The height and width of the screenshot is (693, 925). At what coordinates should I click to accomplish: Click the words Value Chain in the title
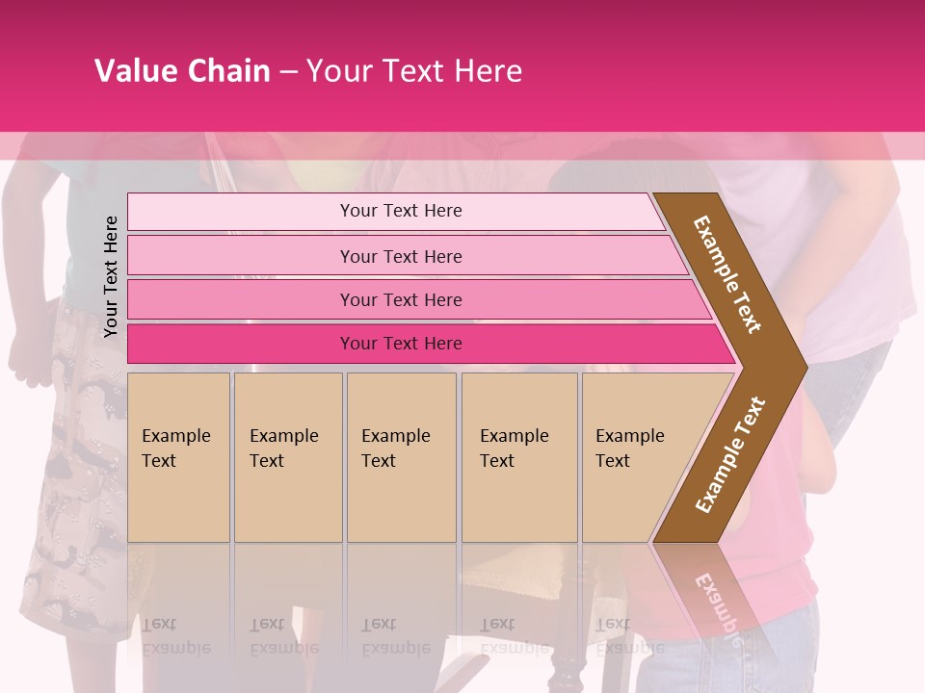click(182, 71)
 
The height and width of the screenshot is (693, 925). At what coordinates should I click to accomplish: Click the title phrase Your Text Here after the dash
click(414, 71)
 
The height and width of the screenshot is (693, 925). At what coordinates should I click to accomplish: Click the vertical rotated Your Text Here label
click(111, 276)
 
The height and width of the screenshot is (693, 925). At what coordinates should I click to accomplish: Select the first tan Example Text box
click(178, 457)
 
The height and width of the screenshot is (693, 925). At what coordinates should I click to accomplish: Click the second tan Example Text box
click(288, 457)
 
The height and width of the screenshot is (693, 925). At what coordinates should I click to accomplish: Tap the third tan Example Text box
click(401, 457)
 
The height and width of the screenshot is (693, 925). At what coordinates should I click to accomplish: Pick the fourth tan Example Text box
click(519, 457)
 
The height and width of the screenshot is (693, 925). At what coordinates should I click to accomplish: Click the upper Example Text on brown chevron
click(727, 274)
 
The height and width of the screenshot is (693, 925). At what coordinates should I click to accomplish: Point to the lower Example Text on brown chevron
click(730, 454)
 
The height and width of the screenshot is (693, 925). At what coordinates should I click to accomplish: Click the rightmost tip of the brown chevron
click(805, 367)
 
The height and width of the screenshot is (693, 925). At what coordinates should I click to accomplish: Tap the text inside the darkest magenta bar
click(401, 344)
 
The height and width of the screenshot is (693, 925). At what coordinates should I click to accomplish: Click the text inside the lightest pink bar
click(401, 211)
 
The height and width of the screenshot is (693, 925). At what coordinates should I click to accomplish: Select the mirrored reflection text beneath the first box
click(175, 636)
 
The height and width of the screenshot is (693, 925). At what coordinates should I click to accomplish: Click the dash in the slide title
click(288, 72)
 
